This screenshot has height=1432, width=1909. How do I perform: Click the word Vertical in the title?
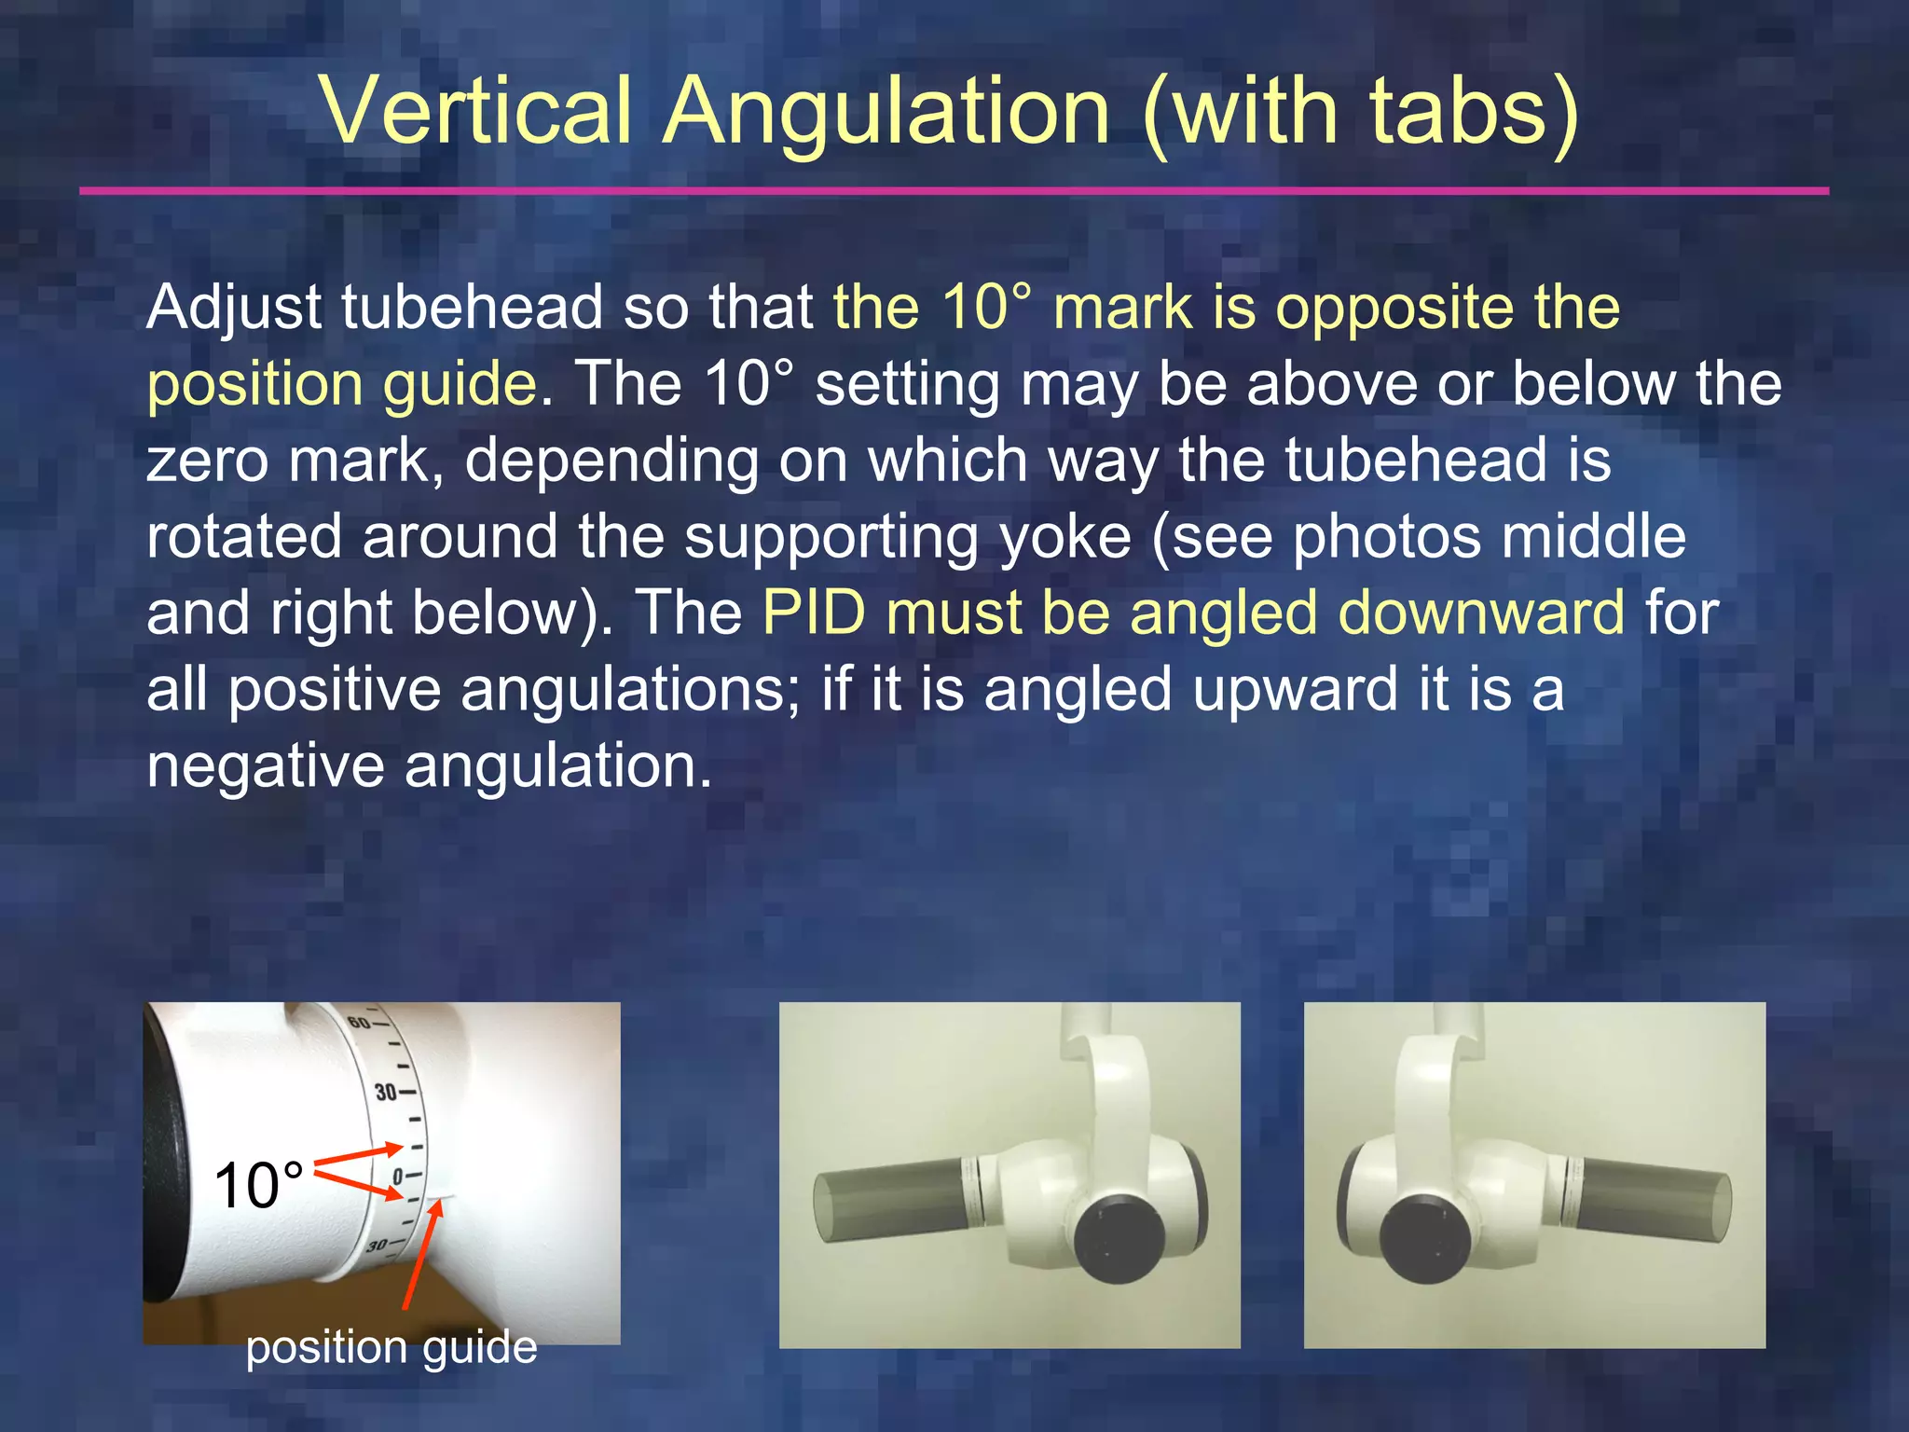coord(476,112)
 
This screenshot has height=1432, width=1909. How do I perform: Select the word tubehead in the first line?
coord(472,308)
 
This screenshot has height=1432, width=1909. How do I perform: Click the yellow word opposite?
coord(1394,308)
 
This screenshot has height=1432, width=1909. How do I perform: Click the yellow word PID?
coord(814,613)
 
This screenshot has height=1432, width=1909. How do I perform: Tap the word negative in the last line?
coord(265,766)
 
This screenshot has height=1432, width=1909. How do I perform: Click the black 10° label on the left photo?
coord(258,1186)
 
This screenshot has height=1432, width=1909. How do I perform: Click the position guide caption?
coord(391,1347)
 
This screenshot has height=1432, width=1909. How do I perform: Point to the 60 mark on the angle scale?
coord(359,1022)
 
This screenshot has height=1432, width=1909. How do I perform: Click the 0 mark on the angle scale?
coord(398,1177)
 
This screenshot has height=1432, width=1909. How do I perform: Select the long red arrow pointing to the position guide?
coord(420,1254)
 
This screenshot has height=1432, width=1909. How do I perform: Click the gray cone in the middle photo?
coord(890,1198)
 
